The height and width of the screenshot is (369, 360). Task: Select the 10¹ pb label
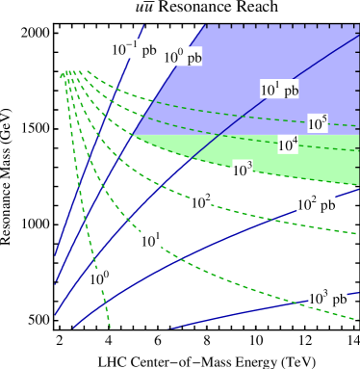point(279,90)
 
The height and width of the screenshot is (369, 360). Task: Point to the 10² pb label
point(316,204)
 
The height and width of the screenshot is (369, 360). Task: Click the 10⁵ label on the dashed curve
point(318,123)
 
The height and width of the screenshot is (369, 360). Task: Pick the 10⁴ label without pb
point(288,145)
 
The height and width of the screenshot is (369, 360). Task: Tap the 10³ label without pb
point(243,171)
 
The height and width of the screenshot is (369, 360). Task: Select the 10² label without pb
point(200,202)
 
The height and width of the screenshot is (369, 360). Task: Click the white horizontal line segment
point(91,135)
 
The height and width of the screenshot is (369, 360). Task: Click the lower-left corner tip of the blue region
point(133,135)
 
